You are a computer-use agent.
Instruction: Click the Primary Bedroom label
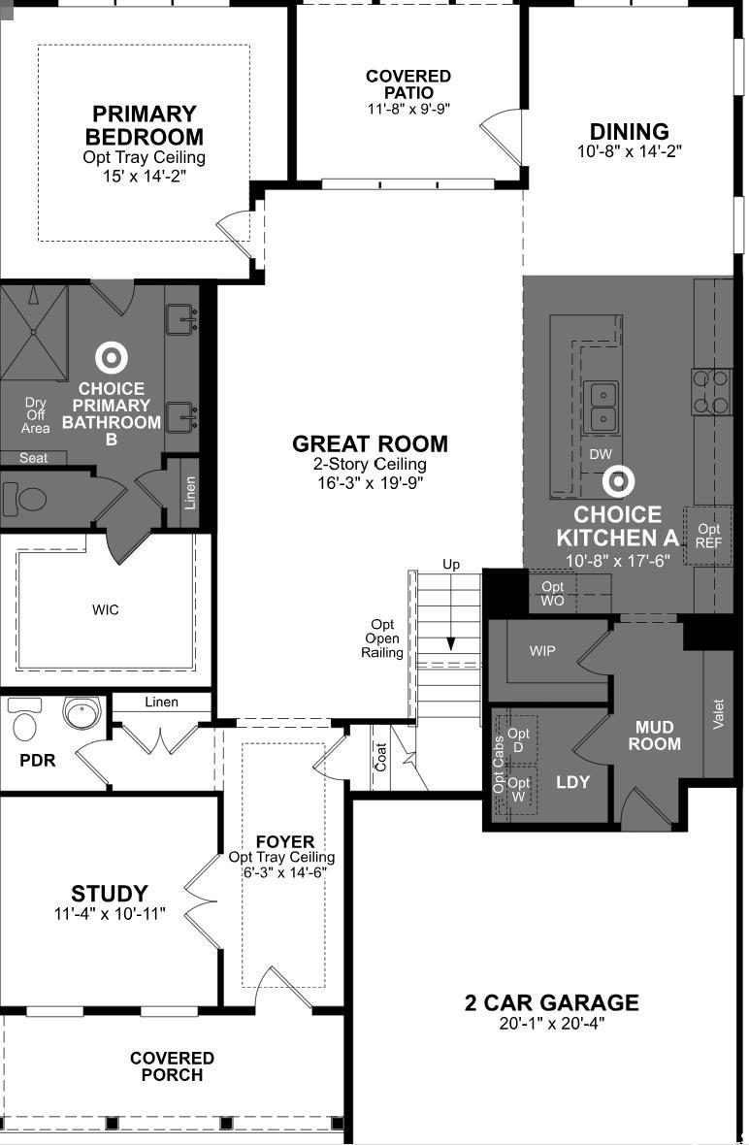145,125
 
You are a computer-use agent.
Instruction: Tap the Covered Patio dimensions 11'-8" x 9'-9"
408,109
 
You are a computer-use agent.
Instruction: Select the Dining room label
630,131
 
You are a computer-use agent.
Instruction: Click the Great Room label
370,444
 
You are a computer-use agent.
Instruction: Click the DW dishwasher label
601,454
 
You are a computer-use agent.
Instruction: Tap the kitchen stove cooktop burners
712,392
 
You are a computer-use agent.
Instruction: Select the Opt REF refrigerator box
707,536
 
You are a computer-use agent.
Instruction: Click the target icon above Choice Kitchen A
618,480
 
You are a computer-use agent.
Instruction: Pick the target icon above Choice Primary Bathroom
112,358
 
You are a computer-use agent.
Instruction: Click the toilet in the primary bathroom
25,500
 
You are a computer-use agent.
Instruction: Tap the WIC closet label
105,609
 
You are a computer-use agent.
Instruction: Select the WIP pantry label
542,651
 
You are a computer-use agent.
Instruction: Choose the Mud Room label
655,736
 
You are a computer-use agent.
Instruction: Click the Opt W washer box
517,790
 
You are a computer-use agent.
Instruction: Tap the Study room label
110,894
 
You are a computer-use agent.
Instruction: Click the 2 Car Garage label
552,1002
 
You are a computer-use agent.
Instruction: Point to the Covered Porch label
173,1066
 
